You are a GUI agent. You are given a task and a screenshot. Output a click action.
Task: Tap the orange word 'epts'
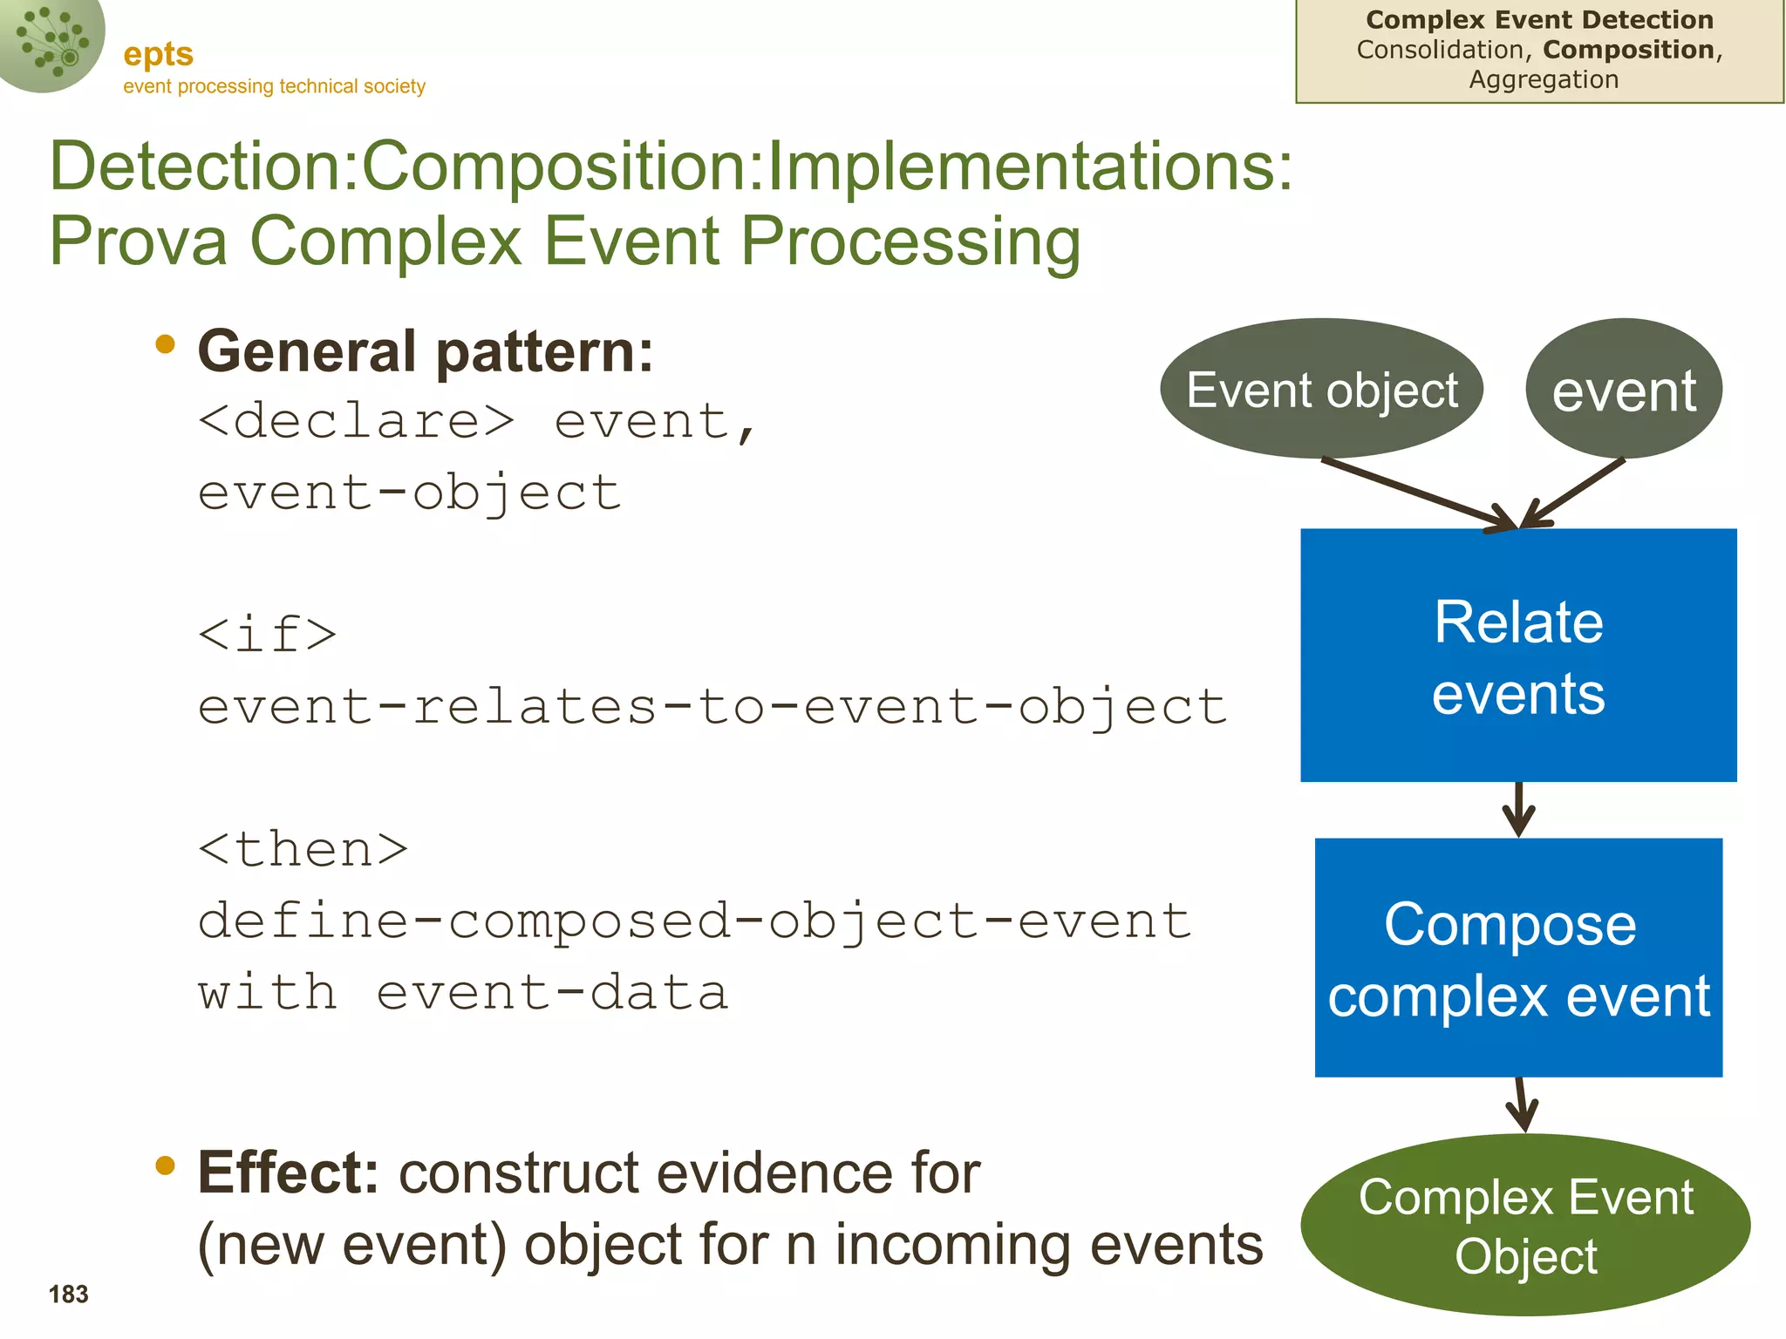[x=158, y=54]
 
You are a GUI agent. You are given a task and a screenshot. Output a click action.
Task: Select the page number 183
[x=68, y=1295]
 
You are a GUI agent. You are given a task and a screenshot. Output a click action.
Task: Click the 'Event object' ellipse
[x=1321, y=389]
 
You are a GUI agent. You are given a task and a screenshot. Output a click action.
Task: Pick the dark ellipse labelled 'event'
[x=1623, y=390]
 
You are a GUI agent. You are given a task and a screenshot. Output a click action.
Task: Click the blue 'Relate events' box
[x=1517, y=656]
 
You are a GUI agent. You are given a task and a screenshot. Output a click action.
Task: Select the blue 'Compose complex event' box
[x=1517, y=957]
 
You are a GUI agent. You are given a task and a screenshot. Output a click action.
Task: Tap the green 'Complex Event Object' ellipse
[x=1524, y=1225]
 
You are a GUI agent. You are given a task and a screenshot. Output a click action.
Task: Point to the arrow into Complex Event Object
[x=1522, y=1105]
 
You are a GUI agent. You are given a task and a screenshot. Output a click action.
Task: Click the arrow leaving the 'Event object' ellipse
[x=1417, y=493]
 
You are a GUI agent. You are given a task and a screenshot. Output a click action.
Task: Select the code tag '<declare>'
[x=356, y=422]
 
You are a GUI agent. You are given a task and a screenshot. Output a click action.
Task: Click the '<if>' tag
[x=267, y=634]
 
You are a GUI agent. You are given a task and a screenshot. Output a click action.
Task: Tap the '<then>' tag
[x=303, y=849]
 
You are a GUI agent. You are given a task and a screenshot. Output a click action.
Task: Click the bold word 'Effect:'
[x=288, y=1172]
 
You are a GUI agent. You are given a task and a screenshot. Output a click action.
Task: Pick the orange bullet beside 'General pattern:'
[x=165, y=345]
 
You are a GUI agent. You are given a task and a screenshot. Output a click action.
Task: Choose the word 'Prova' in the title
[x=139, y=241]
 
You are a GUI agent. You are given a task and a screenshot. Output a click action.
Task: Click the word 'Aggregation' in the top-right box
[x=1543, y=80]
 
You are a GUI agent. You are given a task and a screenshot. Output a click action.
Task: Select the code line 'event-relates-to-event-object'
[x=712, y=706]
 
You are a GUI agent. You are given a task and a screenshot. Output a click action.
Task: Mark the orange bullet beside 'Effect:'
[x=165, y=1166]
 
